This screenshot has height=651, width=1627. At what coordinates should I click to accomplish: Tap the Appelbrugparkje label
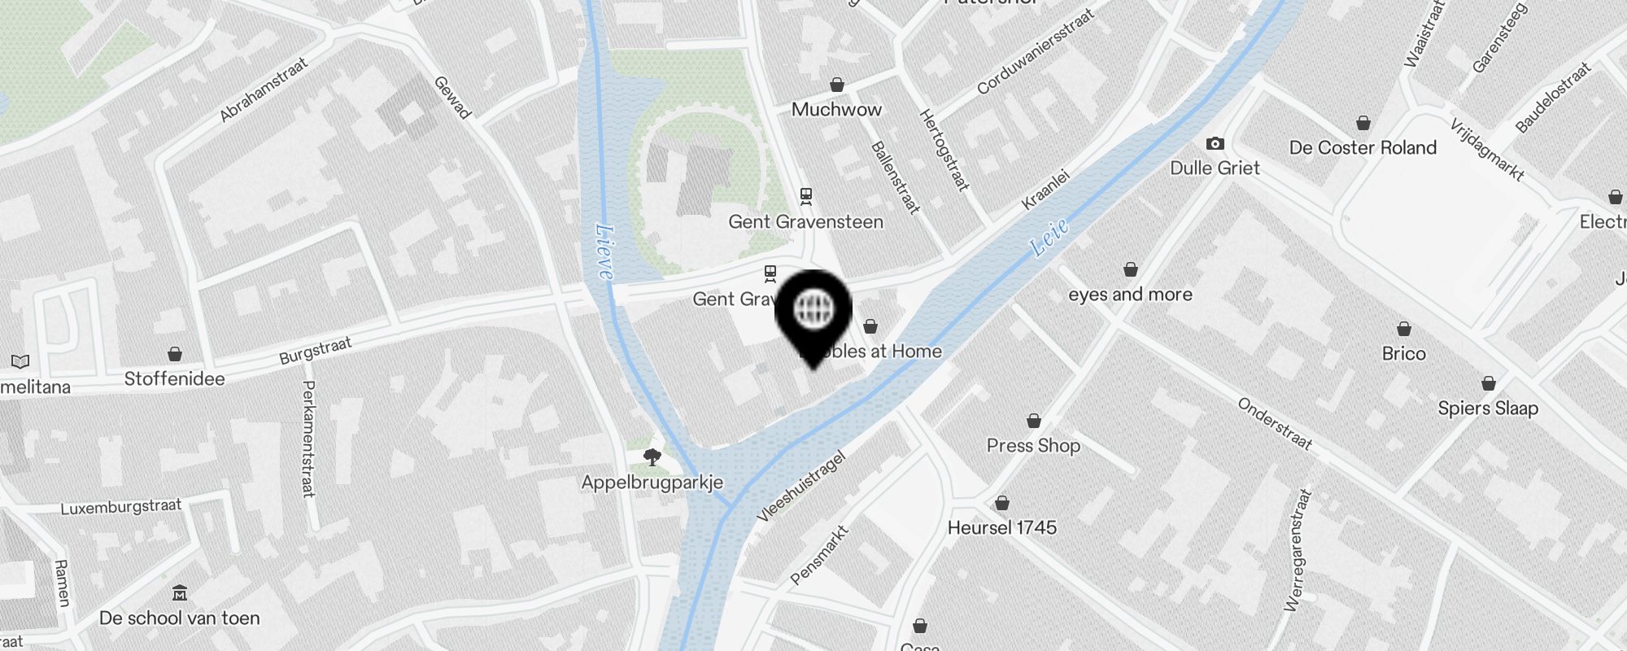click(x=652, y=483)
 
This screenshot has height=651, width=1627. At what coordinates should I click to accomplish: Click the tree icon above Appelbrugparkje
click(x=652, y=457)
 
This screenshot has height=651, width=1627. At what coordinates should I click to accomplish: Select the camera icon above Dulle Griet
click(x=1215, y=144)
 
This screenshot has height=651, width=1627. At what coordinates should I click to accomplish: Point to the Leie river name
click(x=1049, y=237)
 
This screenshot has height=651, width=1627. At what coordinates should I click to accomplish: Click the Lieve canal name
click(x=604, y=251)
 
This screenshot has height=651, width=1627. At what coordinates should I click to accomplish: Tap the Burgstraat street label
click(x=315, y=351)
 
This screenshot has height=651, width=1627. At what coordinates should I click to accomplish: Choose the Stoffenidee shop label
click(x=174, y=379)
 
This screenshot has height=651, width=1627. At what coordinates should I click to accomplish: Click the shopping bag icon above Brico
click(x=1403, y=329)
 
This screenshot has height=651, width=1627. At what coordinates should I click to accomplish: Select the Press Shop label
click(x=1033, y=446)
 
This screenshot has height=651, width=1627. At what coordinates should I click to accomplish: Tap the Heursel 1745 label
click(x=1001, y=528)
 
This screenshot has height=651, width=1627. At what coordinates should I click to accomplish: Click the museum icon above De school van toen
click(x=180, y=592)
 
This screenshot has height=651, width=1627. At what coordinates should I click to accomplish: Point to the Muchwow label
click(x=836, y=110)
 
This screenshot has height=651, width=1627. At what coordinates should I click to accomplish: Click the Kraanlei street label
click(x=1045, y=190)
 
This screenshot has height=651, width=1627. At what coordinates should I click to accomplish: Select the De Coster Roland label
click(x=1363, y=148)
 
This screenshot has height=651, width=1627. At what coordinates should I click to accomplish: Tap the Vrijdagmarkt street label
click(x=1486, y=150)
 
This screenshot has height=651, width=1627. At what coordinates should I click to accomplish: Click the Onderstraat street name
click(x=1275, y=424)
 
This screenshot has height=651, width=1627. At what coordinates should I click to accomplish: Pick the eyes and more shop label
click(x=1130, y=295)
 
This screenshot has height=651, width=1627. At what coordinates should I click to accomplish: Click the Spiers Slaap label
click(x=1488, y=409)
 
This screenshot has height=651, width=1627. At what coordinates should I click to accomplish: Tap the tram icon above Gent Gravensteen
click(x=805, y=195)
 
